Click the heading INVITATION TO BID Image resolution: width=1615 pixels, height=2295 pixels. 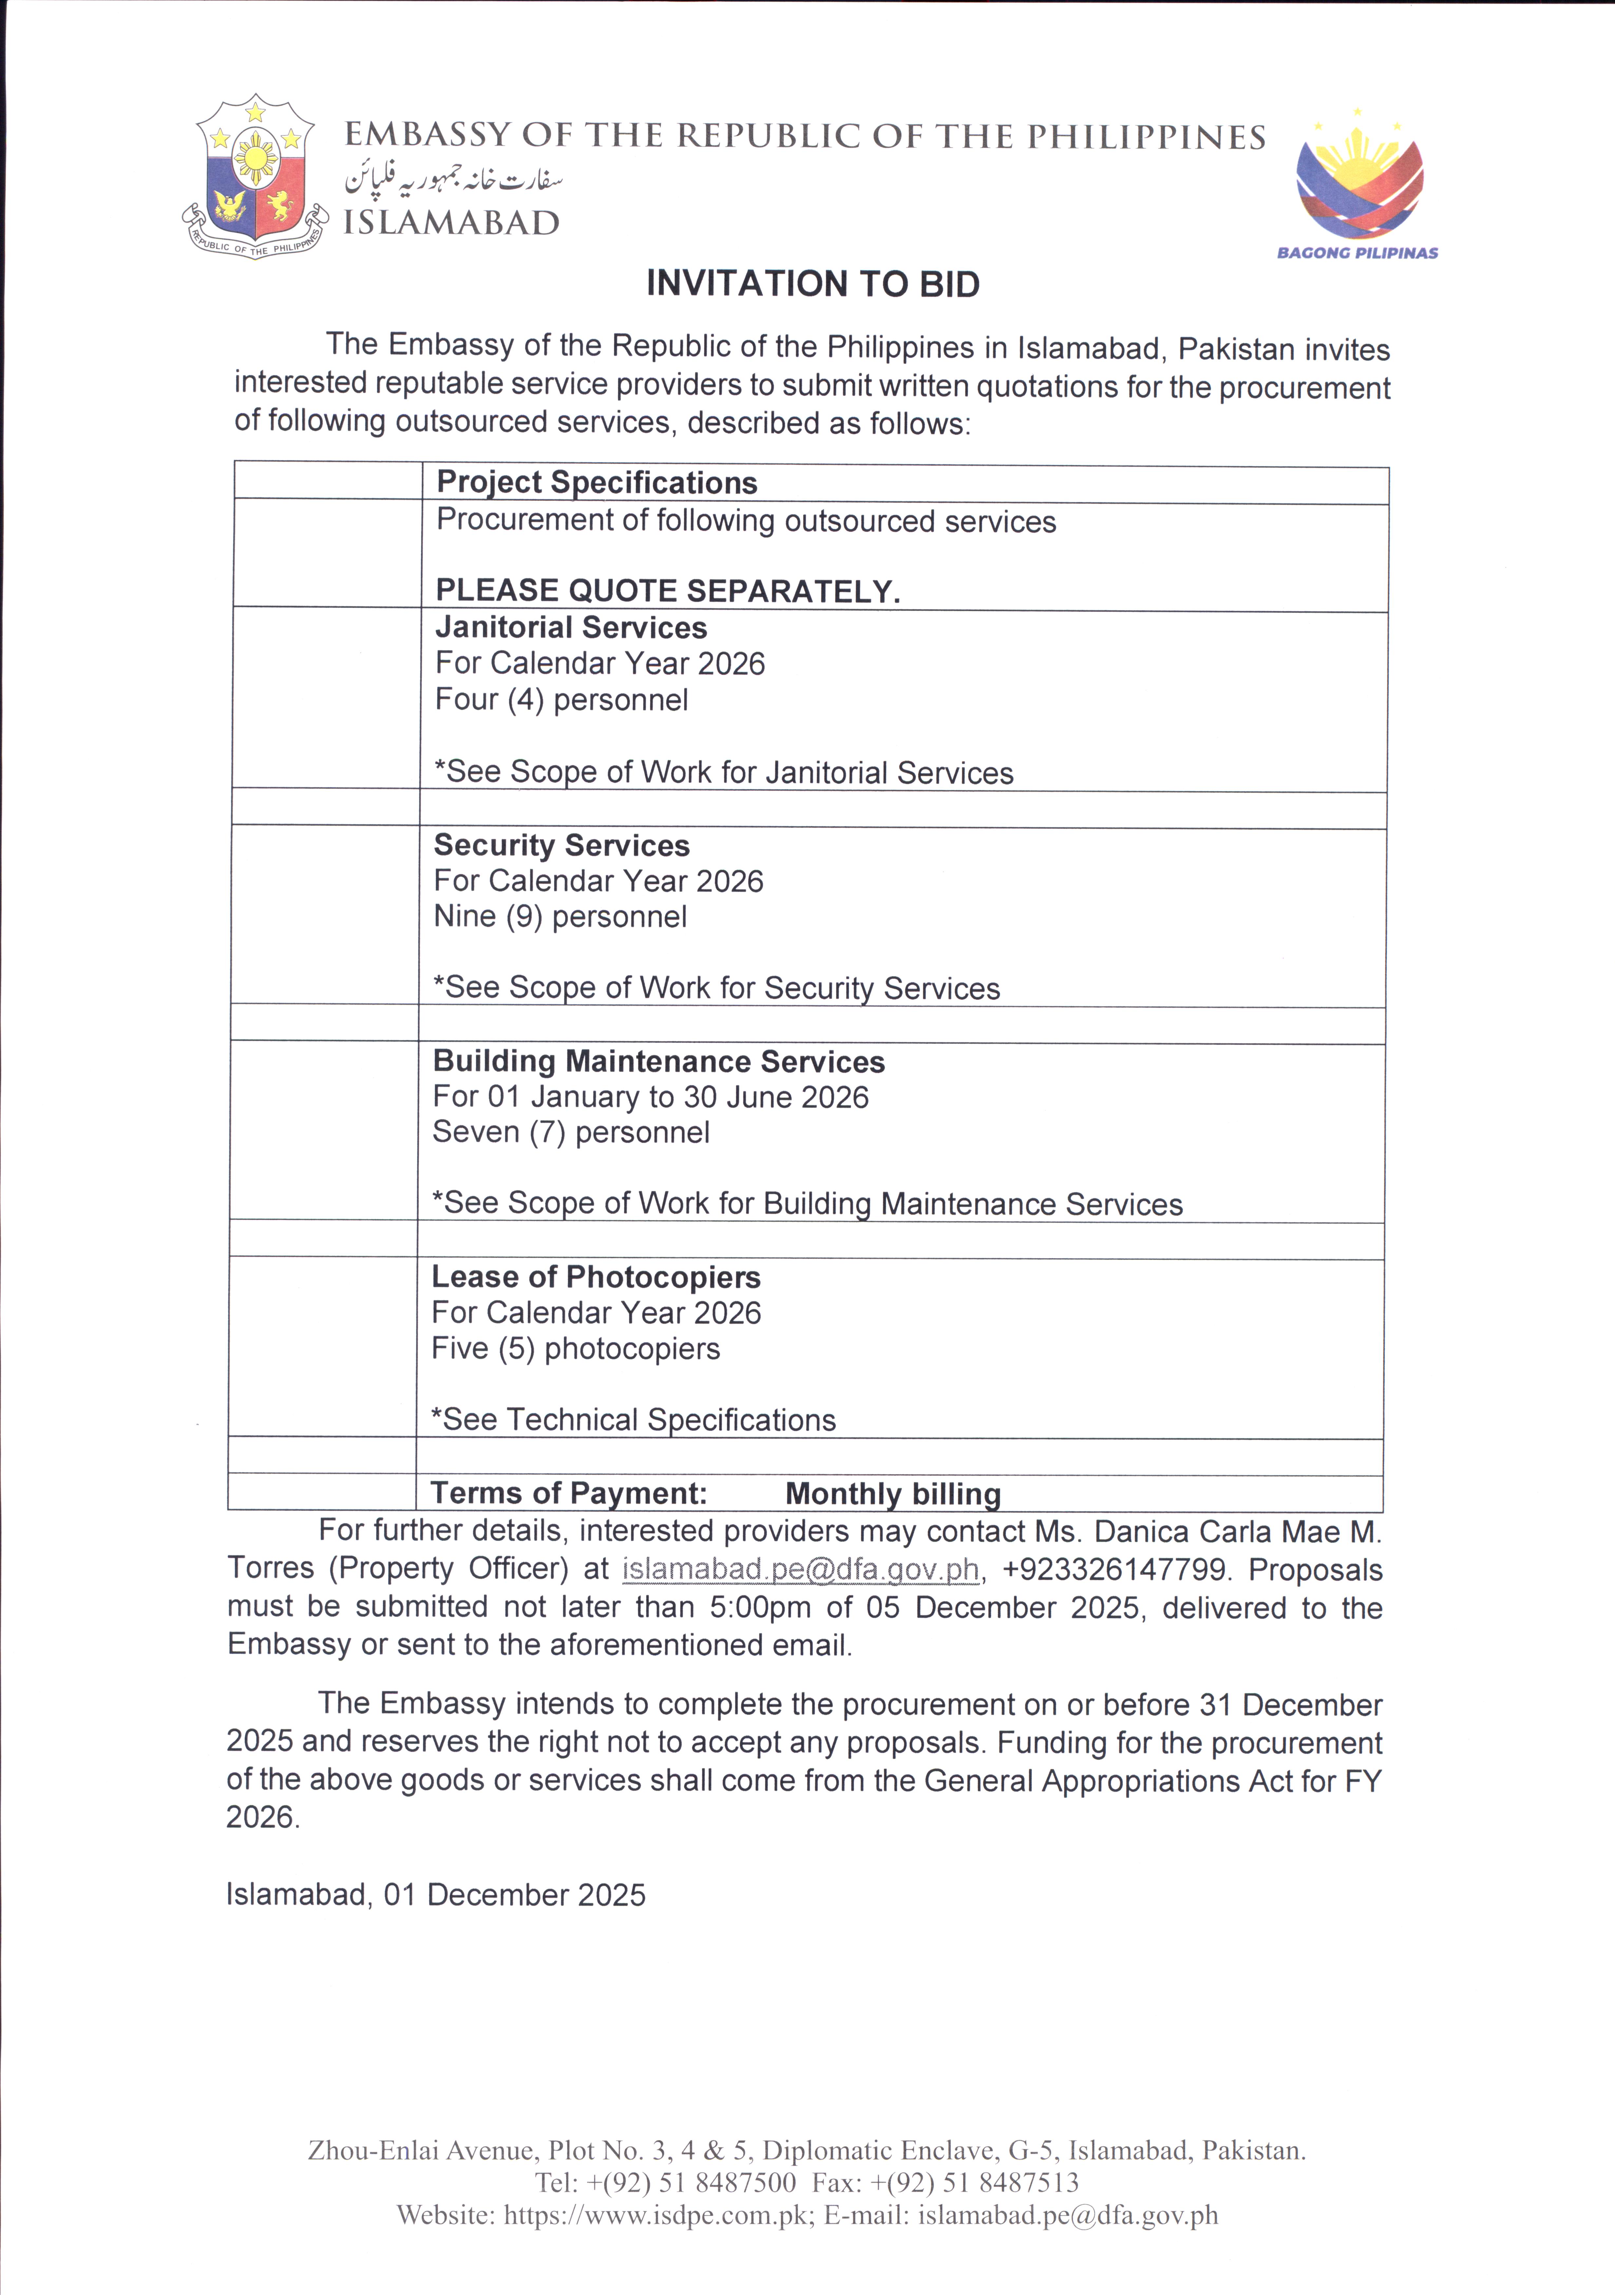pyautogui.click(x=812, y=284)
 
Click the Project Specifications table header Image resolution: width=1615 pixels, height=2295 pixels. pyautogui.click(x=597, y=483)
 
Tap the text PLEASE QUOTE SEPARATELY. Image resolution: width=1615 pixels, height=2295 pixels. pyautogui.click(x=668, y=591)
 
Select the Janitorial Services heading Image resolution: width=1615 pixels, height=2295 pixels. pyautogui.click(x=571, y=628)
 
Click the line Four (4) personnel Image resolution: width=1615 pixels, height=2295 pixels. pyautogui.click(x=562, y=700)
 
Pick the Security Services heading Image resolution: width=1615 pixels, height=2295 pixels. pyautogui.click(x=562, y=846)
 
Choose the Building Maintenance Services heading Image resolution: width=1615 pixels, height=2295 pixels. pyautogui.click(x=658, y=1061)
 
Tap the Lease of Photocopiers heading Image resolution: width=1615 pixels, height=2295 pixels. pyautogui.click(x=596, y=1277)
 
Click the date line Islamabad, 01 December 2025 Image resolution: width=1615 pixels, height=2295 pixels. pyautogui.click(x=436, y=1895)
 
